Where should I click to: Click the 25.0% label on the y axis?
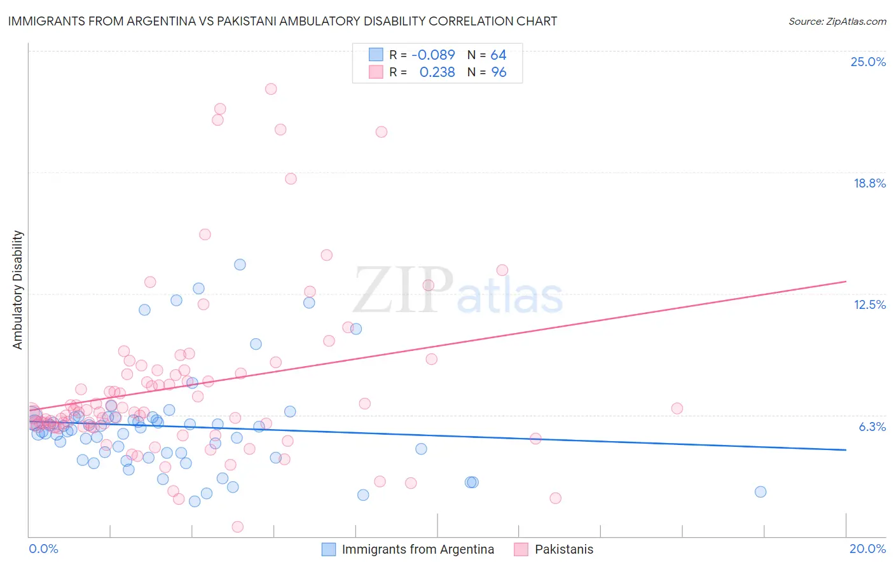(868, 62)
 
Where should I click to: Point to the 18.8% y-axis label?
(869, 183)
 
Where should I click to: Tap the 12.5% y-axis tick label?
(869, 304)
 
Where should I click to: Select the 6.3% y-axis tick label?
(872, 427)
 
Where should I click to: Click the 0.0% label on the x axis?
(43, 549)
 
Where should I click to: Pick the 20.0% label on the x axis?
(867, 549)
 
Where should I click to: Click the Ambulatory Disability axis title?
(18, 290)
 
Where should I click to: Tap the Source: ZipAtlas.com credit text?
(837, 21)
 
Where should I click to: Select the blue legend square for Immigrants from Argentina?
(328, 549)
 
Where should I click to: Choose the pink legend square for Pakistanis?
(521, 549)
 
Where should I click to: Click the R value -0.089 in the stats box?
(433, 55)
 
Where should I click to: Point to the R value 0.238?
(437, 72)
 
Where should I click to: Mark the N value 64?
(498, 55)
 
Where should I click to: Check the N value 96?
(499, 72)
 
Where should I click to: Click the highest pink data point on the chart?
(271, 89)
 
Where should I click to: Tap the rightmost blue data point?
(760, 492)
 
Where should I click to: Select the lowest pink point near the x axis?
(237, 526)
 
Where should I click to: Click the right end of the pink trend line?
(846, 281)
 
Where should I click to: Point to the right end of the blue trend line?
(846, 449)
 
